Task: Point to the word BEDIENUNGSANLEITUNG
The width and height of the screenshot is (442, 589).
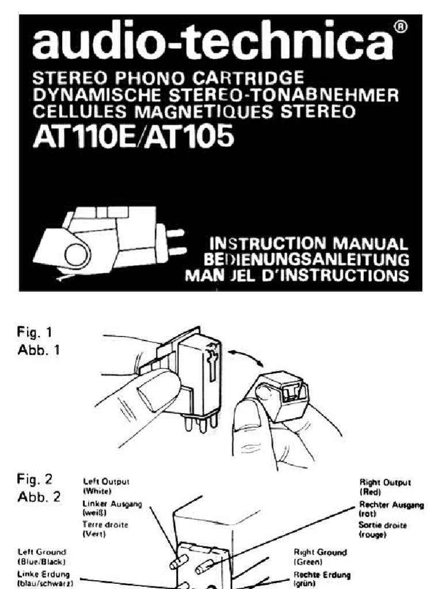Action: [306, 259]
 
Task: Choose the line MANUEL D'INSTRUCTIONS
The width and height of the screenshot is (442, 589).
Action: [296, 275]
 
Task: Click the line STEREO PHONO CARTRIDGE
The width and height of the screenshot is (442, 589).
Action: [169, 78]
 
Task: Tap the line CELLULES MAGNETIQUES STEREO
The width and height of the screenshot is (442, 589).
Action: [195, 109]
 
